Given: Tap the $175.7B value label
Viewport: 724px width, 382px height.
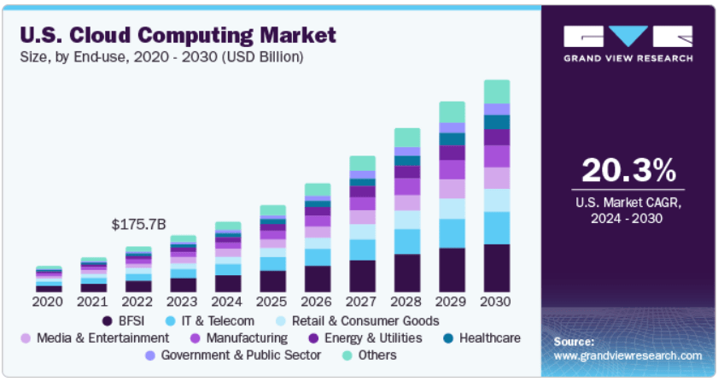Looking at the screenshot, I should click(x=138, y=225).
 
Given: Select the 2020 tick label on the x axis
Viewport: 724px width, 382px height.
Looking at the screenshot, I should click(x=49, y=301).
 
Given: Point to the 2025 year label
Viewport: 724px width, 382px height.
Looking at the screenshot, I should click(x=272, y=301).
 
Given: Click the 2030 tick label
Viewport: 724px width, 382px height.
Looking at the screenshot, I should click(x=496, y=301).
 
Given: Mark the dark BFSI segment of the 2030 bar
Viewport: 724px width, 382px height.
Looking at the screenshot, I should click(x=496, y=268).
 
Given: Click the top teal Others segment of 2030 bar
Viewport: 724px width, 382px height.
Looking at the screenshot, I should click(x=496, y=91).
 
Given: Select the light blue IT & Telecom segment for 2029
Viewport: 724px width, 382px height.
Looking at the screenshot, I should click(x=452, y=233).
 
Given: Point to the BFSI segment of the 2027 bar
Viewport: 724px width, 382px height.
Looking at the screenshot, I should click(x=362, y=276).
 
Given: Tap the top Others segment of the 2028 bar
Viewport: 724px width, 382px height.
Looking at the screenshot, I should click(x=407, y=137).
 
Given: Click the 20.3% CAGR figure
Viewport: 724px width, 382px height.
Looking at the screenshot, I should click(x=628, y=172).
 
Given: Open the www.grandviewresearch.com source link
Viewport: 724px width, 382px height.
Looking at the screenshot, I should click(x=628, y=356).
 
